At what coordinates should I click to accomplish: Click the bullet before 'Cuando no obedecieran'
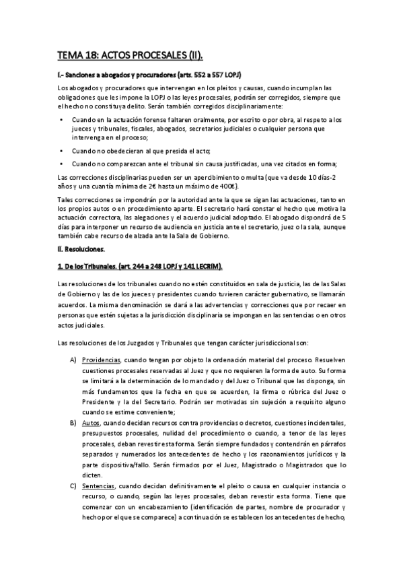click(x=61, y=151)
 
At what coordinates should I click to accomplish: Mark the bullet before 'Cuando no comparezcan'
click(x=61, y=164)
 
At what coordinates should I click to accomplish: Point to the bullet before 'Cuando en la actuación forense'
click(x=61, y=119)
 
